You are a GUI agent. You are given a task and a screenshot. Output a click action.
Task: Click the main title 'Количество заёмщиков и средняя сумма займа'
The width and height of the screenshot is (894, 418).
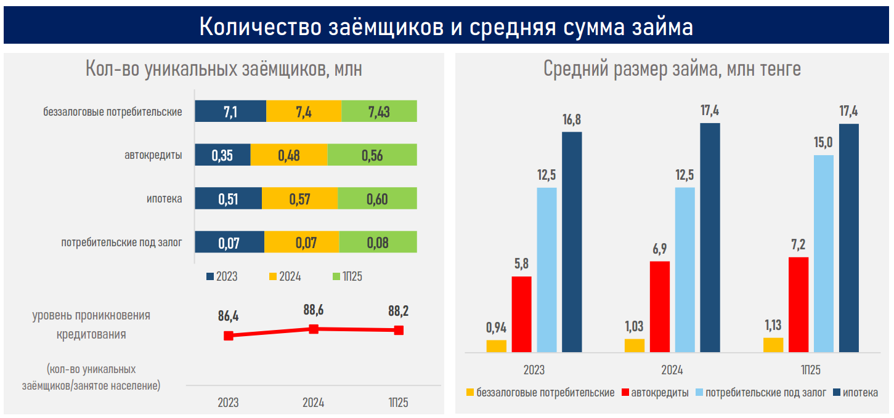(x=446, y=27)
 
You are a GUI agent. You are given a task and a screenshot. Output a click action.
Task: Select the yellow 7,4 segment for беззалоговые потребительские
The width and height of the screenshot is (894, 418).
(x=304, y=111)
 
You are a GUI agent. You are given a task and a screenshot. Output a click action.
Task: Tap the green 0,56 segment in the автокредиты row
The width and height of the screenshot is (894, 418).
(x=372, y=155)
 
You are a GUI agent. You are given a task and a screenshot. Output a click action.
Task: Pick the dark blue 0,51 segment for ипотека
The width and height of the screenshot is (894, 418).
(x=229, y=199)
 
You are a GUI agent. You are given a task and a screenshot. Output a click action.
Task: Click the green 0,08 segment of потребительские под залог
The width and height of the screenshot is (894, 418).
(x=378, y=242)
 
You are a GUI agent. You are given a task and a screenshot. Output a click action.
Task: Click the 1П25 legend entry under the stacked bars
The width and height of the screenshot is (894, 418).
(x=349, y=276)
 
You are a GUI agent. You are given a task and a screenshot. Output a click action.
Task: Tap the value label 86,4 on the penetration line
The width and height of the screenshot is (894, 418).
(x=228, y=316)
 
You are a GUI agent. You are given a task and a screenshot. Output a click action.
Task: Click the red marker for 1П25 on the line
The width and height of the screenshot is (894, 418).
(x=399, y=331)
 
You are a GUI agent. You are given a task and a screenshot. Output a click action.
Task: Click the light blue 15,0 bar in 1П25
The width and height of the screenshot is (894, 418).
(x=824, y=253)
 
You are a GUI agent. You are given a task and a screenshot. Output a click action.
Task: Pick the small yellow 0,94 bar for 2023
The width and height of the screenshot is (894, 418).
(x=496, y=346)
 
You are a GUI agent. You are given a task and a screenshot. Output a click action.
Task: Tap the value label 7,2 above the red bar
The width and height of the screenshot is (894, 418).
(x=798, y=245)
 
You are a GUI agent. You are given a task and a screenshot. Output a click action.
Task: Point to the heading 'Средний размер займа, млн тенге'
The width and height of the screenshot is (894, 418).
(x=672, y=69)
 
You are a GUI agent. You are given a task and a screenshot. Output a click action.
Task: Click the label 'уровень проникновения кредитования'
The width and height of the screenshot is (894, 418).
(x=92, y=325)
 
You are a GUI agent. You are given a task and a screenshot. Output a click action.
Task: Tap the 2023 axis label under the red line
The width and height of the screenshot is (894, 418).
(x=228, y=403)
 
